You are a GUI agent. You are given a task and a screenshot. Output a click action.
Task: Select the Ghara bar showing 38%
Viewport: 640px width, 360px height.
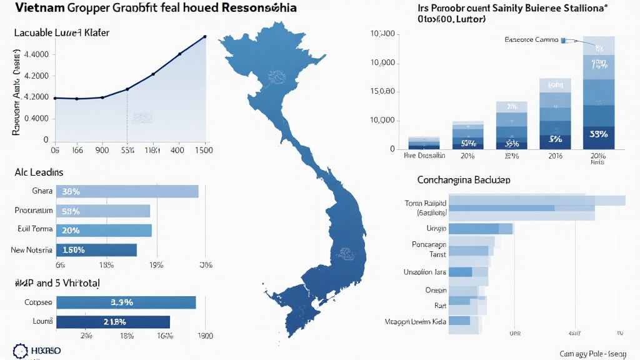point(127,191)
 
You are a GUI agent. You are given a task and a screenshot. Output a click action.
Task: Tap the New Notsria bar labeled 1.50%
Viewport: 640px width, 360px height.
point(96,250)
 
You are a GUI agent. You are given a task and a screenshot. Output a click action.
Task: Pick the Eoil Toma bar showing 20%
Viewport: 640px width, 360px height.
point(104,230)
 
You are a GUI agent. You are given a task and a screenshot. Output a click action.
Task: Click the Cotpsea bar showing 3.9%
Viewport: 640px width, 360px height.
point(126,302)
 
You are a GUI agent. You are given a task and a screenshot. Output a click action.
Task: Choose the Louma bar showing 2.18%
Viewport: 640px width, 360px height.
point(113,322)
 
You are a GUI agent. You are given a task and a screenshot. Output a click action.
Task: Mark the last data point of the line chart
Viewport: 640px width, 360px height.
point(206,36)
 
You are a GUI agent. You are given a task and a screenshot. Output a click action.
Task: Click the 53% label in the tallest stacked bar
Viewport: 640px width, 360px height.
point(599,134)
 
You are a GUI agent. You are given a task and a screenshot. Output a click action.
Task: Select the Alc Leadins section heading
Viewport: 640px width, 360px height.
point(38,171)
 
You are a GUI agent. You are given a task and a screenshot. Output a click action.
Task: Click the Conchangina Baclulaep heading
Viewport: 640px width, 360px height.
point(464,180)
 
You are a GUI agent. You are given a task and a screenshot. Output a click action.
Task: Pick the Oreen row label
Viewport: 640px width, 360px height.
point(436,290)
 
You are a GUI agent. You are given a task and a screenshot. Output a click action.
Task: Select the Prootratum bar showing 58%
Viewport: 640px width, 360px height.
point(103,211)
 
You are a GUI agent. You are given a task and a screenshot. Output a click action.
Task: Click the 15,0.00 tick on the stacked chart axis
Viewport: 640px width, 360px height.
point(383,92)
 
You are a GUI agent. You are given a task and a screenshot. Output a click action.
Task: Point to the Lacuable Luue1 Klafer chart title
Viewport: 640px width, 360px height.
point(61,31)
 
